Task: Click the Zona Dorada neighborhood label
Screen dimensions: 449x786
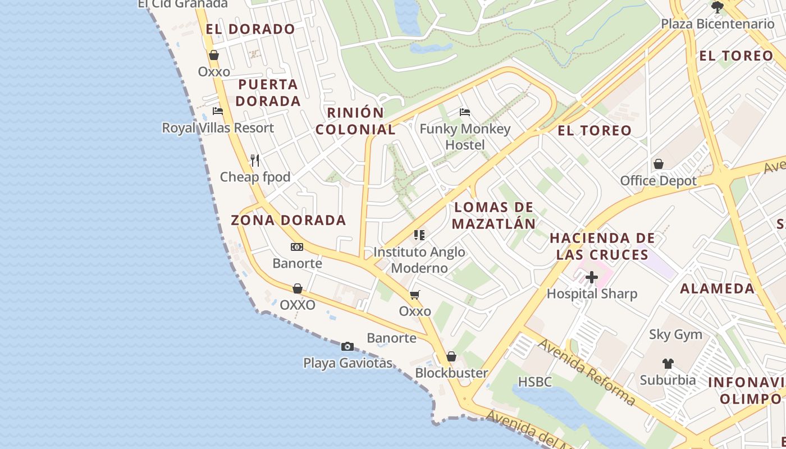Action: tap(289, 220)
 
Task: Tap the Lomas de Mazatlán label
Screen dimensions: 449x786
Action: tap(493, 216)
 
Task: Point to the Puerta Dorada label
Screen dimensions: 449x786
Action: tap(268, 93)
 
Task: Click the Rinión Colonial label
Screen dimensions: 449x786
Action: tap(355, 121)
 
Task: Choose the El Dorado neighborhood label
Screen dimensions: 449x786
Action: tap(250, 29)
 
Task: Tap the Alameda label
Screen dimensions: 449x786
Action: tap(717, 288)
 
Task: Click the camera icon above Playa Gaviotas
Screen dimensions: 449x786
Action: tap(348, 346)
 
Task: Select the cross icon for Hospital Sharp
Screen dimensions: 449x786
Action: tap(592, 277)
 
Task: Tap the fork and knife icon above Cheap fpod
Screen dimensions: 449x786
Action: tap(255, 161)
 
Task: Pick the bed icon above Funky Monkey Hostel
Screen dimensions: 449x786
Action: tap(465, 112)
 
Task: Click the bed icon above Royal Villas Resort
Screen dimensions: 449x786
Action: tap(218, 111)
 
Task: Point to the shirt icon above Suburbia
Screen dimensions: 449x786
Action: tap(668, 364)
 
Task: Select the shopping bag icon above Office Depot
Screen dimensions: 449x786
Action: tap(658, 164)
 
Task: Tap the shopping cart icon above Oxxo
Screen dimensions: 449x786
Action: tap(415, 295)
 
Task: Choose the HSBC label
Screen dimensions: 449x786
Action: tap(534, 382)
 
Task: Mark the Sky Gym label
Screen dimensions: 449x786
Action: tap(675, 335)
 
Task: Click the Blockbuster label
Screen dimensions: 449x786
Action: tap(451, 373)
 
